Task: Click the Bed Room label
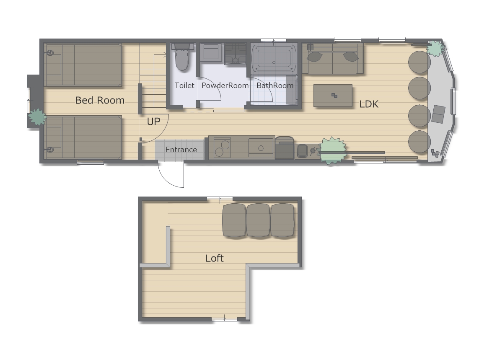click(x=100, y=100)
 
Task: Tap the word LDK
click(x=369, y=104)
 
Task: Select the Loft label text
click(x=215, y=258)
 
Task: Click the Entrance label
click(x=181, y=150)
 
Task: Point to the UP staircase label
click(x=153, y=121)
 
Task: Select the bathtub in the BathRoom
click(x=274, y=58)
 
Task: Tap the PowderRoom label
click(x=225, y=85)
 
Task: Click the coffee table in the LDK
click(x=333, y=96)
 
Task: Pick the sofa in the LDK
click(x=333, y=58)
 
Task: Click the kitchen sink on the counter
click(x=261, y=148)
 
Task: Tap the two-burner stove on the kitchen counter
click(x=222, y=148)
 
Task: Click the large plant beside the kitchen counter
click(x=332, y=150)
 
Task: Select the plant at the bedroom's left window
click(x=37, y=117)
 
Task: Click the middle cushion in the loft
click(x=258, y=220)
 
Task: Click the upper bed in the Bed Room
click(x=83, y=65)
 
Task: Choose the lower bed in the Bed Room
click(x=83, y=137)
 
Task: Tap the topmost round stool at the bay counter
click(x=419, y=62)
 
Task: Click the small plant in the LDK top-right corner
click(x=435, y=49)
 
